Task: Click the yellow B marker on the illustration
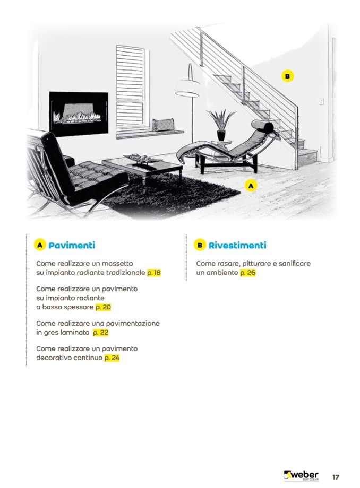click(287, 76)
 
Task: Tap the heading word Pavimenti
click(72, 245)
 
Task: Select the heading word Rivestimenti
click(237, 245)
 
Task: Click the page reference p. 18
click(153, 273)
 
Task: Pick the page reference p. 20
click(103, 307)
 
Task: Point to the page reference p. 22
click(100, 333)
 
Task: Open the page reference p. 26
click(248, 273)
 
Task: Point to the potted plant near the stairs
click(220, 125)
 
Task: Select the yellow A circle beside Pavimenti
click(40, 245)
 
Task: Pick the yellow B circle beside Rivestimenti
click(200, 245)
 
